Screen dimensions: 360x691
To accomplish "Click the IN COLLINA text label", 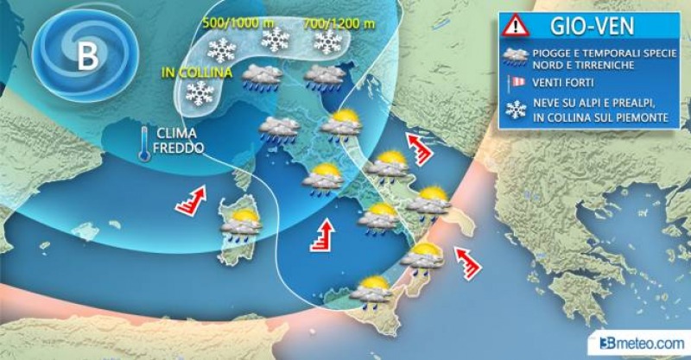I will point(196,73).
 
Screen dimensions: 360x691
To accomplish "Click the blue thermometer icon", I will point(148,143).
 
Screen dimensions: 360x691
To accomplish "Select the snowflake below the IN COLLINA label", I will point(200,94).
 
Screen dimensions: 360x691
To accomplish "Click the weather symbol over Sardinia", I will point(242,224).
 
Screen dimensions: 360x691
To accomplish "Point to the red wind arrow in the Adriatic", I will point(418,148).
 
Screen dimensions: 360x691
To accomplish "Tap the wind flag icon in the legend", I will point(517,81).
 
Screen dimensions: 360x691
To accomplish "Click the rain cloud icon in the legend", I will point(517,58).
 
